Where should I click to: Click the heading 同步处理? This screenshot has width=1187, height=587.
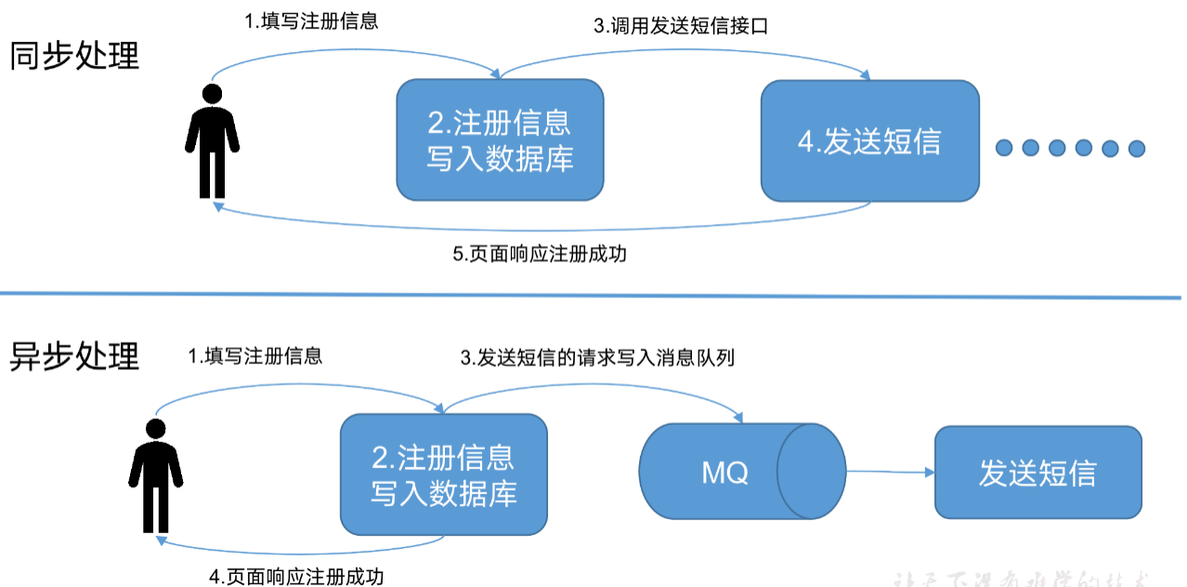click(74, 56)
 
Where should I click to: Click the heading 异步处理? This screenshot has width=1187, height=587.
click(74, 356)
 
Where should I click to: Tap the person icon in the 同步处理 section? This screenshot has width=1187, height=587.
click(212, 140)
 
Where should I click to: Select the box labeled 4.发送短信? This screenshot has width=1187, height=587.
click(869, 141)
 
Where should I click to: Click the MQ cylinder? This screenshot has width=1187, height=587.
click(742, 473)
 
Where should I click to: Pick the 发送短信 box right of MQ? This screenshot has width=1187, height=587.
click(1037, 472)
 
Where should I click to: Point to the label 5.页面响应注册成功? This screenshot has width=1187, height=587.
click(540, 254)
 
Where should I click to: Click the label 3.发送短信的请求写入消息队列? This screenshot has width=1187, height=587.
click(598, 357)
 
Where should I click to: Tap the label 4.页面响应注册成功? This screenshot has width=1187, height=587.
click(296, 576)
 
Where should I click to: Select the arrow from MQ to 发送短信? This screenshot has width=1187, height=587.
click(889, 472)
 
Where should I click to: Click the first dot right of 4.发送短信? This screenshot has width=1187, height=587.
click(1004, 148)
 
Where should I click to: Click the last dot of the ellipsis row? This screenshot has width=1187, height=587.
click(1136, 148)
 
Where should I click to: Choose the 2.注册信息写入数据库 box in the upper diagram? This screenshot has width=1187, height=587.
click(500, 140)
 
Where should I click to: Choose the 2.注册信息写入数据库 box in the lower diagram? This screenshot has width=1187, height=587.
click(443, 475)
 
